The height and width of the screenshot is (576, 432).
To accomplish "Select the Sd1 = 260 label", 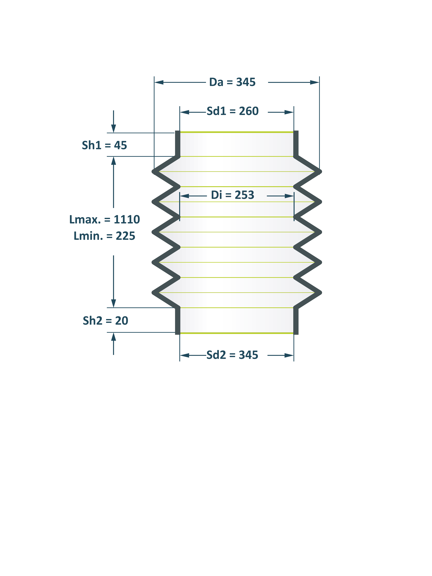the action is click(233, 111).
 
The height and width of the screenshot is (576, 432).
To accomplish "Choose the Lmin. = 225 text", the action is click(104, 236).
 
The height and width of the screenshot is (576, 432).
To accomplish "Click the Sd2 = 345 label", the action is click(232, 355).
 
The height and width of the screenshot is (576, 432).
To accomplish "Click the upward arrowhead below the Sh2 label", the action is click(114, 337).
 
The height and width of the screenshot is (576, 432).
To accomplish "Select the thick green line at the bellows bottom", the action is click(237, 333).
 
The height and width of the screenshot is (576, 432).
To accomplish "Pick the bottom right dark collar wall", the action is click(296, 321).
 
